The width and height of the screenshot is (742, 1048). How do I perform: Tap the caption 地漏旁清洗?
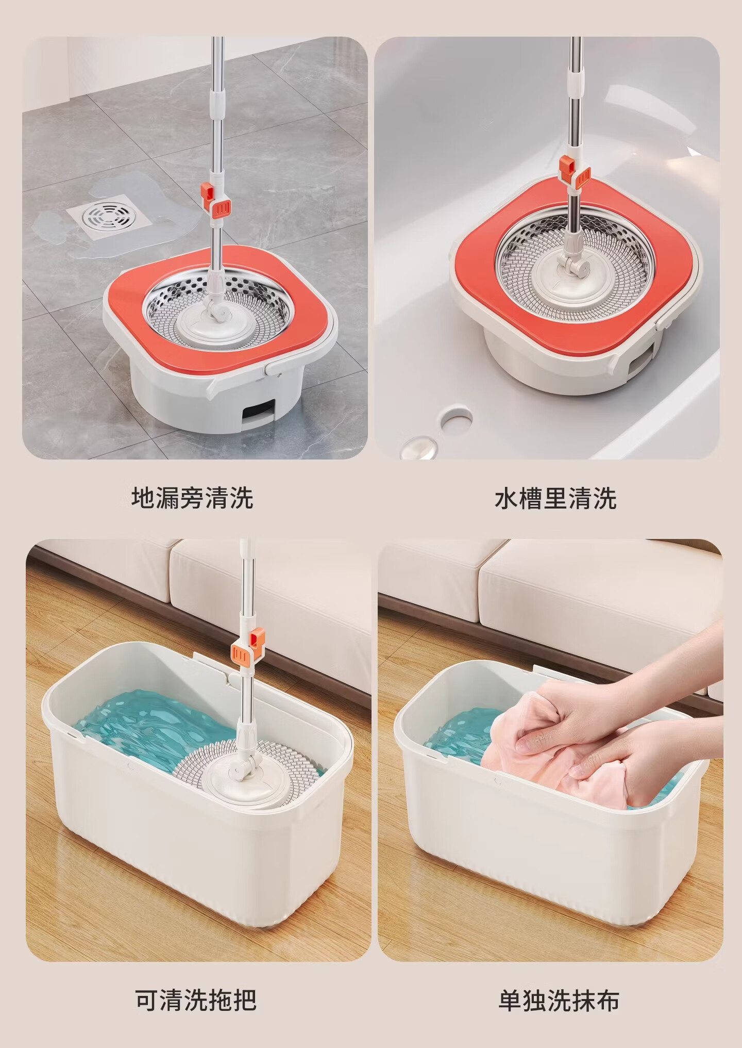click(x=193, y=498)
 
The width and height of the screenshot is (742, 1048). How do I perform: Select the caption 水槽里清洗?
click(x=555, y=498)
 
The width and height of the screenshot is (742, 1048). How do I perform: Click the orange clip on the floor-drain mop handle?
click(x=214, y=198)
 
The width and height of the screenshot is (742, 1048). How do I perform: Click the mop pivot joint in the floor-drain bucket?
click(x=216, y=308)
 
